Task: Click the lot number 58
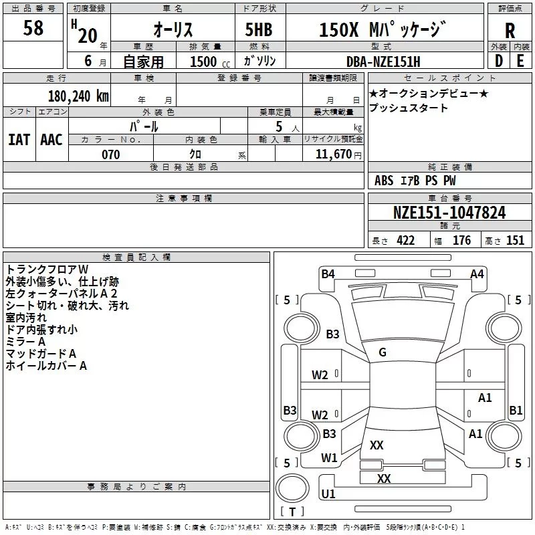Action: coord(33,29)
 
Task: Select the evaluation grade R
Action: coord(510,31)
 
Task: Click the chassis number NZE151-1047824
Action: coord(449,213)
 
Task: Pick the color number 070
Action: coord(110,154)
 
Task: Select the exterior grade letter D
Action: coord(498,62)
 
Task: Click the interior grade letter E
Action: coord(520,62)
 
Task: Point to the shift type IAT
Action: coord(19,139)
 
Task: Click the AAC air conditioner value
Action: coord(51,139)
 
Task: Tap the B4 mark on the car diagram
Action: coord(328,274)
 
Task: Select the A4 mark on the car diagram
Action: coord(477,274)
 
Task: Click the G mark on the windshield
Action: coord(383,352)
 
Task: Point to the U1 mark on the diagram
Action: coord(328,494)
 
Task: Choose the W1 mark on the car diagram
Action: coord(328,457)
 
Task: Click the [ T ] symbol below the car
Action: coord(292,512)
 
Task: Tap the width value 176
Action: coord(461,241)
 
